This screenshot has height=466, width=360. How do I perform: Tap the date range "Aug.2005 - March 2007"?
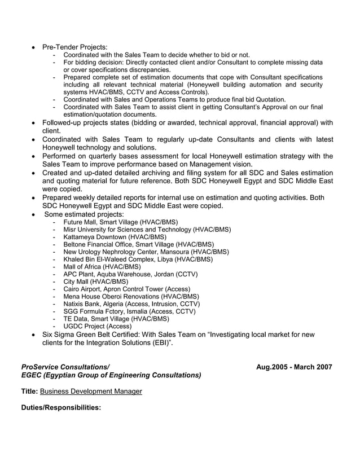pyautogui.click(x=294, y=367)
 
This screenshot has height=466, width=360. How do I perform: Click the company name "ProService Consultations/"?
pyautogui.click(x=65, y=367)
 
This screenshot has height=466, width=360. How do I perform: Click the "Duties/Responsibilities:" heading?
pyautogui.click(x=61, y=407)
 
